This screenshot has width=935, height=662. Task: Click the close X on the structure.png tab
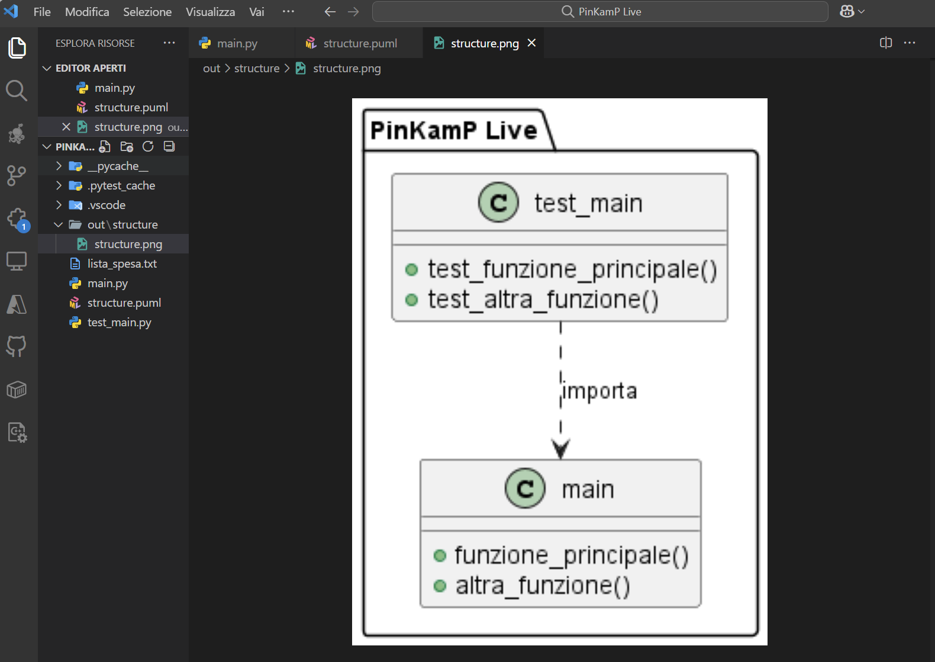coord(531,43)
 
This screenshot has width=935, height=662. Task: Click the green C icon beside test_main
coord(498,203)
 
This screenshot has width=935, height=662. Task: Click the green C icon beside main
coord(525,488)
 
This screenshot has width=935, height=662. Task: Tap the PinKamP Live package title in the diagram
coord(454,130)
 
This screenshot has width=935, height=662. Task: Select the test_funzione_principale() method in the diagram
coord(572,269)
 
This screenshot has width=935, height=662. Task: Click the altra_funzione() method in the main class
coord(543,586)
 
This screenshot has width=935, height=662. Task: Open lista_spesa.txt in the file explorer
coord(122,263)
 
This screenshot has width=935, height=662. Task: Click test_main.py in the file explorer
coord(119,323)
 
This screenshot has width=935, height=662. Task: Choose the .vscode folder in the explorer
coord(106,205)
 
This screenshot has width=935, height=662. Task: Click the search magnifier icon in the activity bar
coord(17,91)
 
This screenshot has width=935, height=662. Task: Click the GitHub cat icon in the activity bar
coord(17,346)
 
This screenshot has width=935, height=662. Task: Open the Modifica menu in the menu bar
coord(87,12)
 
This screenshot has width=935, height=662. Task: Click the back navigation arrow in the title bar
coord(330,12)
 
